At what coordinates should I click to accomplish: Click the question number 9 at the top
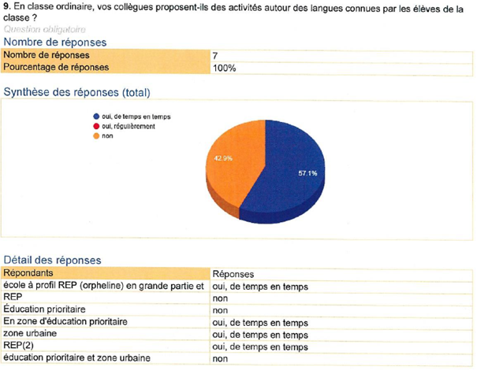(x=6, y=6)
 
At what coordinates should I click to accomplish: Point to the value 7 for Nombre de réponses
(x=215, y=56)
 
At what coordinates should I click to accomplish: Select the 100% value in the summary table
(x=224, y=68)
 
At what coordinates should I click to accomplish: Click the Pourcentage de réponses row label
(x=56, y=68)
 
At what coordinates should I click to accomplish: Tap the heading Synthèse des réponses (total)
(x=76, y=92)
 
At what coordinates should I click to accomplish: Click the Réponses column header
(x=237, y=272)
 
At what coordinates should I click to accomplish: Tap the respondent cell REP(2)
(x=20, y=346)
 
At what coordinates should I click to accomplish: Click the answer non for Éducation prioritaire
(x=221, y=310)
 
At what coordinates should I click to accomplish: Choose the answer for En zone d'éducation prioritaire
(x=259, y=322)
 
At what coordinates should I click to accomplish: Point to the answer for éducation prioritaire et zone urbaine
(x=221, y=358)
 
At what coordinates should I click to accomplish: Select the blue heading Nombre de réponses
(x=55, y=42)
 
